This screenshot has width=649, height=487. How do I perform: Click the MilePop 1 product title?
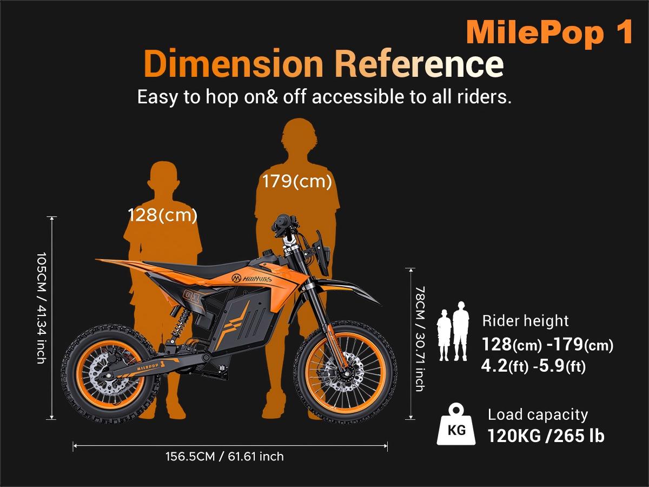point(549,32)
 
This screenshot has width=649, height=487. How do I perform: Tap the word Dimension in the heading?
point(233,64)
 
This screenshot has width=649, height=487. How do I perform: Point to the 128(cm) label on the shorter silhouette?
point(162,215)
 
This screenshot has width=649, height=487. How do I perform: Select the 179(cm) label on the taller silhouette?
point(297,181)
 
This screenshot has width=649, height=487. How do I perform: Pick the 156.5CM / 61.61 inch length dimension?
point(224,457)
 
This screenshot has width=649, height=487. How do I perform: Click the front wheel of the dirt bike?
point(346,373)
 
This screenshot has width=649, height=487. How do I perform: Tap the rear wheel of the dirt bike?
point(111,374)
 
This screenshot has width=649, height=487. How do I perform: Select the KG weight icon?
point(456,425)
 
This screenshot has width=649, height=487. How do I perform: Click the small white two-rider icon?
point(453,331)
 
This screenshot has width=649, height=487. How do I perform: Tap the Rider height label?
point(525,321)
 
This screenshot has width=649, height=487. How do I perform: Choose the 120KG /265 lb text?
point(546,436)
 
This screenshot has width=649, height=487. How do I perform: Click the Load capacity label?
point(537,415)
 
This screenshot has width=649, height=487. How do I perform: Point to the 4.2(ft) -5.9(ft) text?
point(533,366)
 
